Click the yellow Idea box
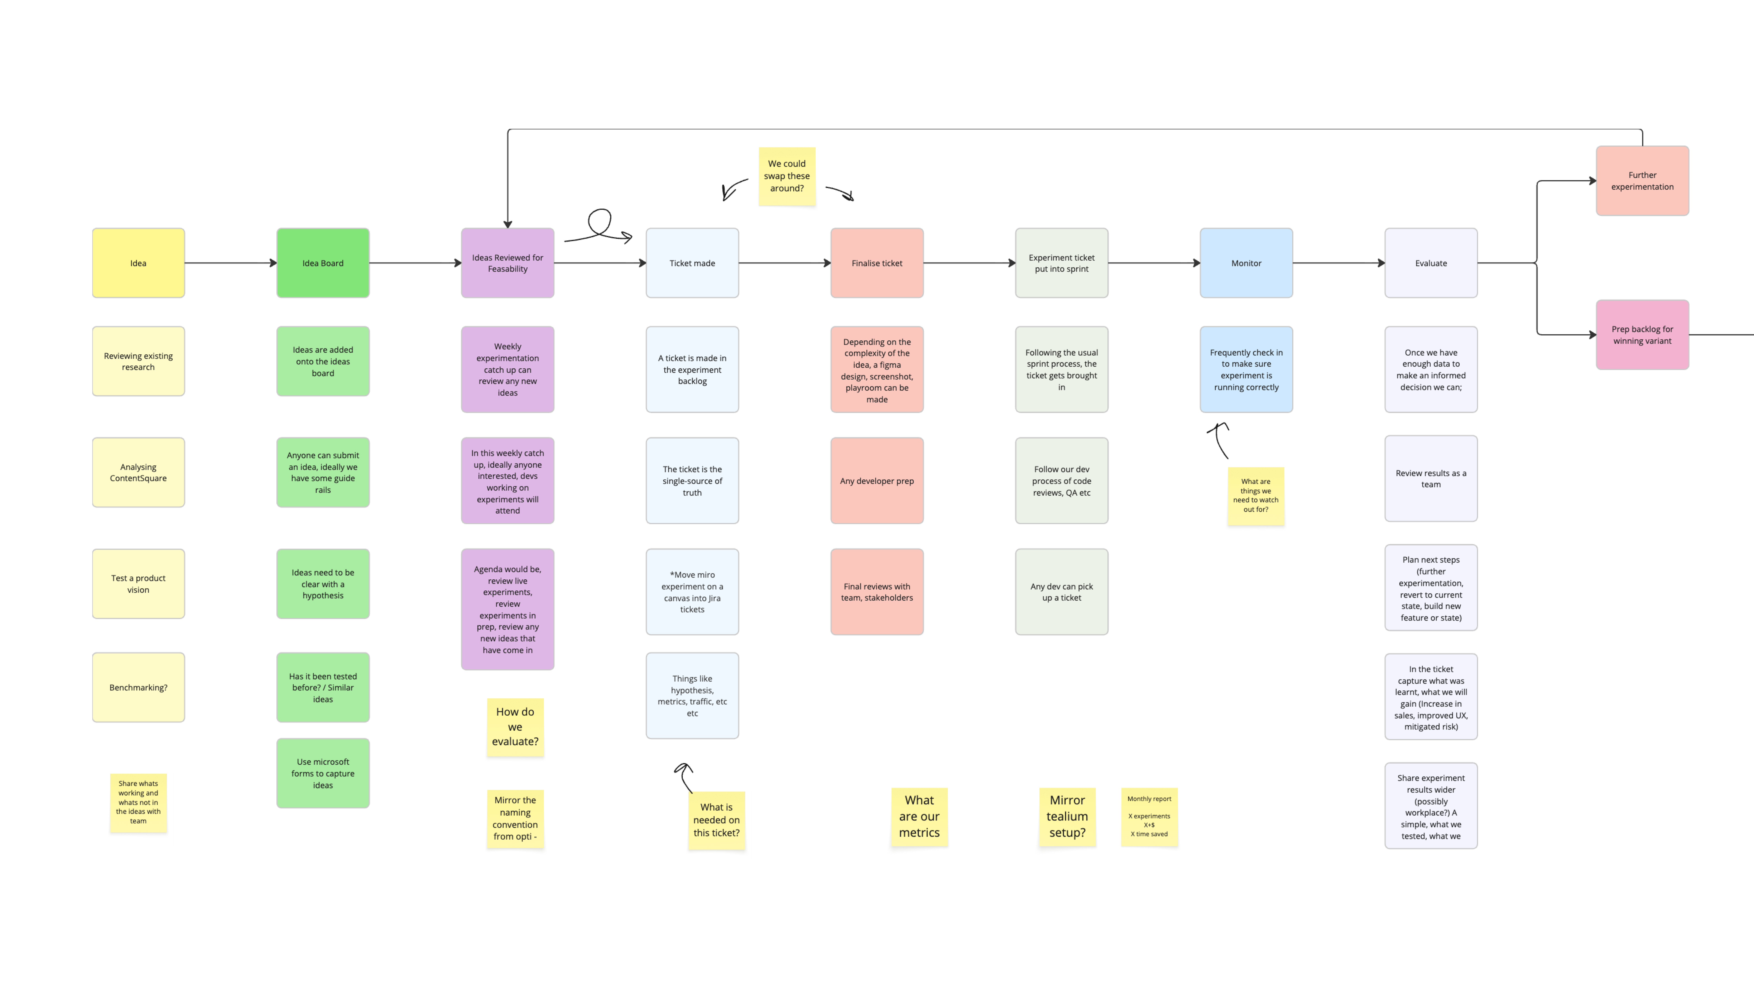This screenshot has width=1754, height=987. (138, 263)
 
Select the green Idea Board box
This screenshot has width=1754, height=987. (323, 263)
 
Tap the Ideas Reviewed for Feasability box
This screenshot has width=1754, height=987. (507, 263)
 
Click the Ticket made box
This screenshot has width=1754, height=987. (692, 263)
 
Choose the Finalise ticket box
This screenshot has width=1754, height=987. (876, 263)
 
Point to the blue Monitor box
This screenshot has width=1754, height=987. (1246, 263)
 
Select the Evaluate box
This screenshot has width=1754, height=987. (1431, 263)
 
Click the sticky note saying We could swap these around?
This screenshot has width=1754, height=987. (786, 176)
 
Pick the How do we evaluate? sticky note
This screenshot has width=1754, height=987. (515, 727)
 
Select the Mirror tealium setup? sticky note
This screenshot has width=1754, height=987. (1067, 816)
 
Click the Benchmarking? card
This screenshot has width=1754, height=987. (138, 687)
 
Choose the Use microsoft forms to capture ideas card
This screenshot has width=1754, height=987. (323, 773)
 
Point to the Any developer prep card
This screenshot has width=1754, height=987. (876, 481)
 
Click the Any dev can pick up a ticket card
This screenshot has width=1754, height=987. (1062, 592)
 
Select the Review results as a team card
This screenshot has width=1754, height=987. (1431, 479)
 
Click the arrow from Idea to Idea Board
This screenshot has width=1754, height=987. (230, 263)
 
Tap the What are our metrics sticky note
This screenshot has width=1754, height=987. (919, 816)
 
